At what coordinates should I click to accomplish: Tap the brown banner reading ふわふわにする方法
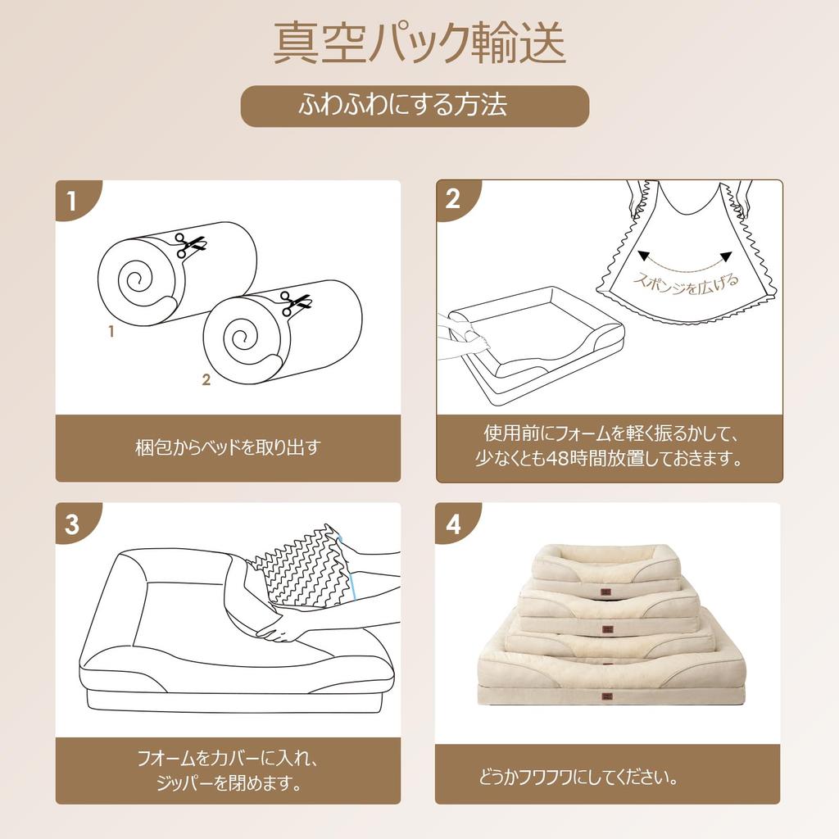pos(415,106)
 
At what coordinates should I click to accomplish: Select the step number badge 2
pos(453,199)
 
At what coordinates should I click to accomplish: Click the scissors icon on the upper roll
pos(190,244)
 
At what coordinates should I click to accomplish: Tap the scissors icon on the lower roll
pos(295,302)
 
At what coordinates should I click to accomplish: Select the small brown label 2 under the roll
pos(206,379)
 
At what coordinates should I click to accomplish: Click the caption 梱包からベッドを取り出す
pos(228,447)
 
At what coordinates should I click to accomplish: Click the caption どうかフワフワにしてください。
pos(578,777)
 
